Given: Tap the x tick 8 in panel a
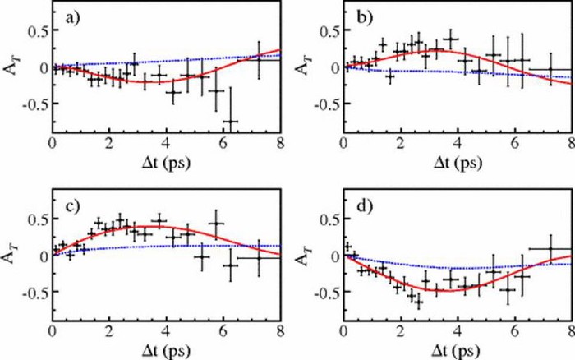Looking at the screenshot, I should click(x=280, y=141).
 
